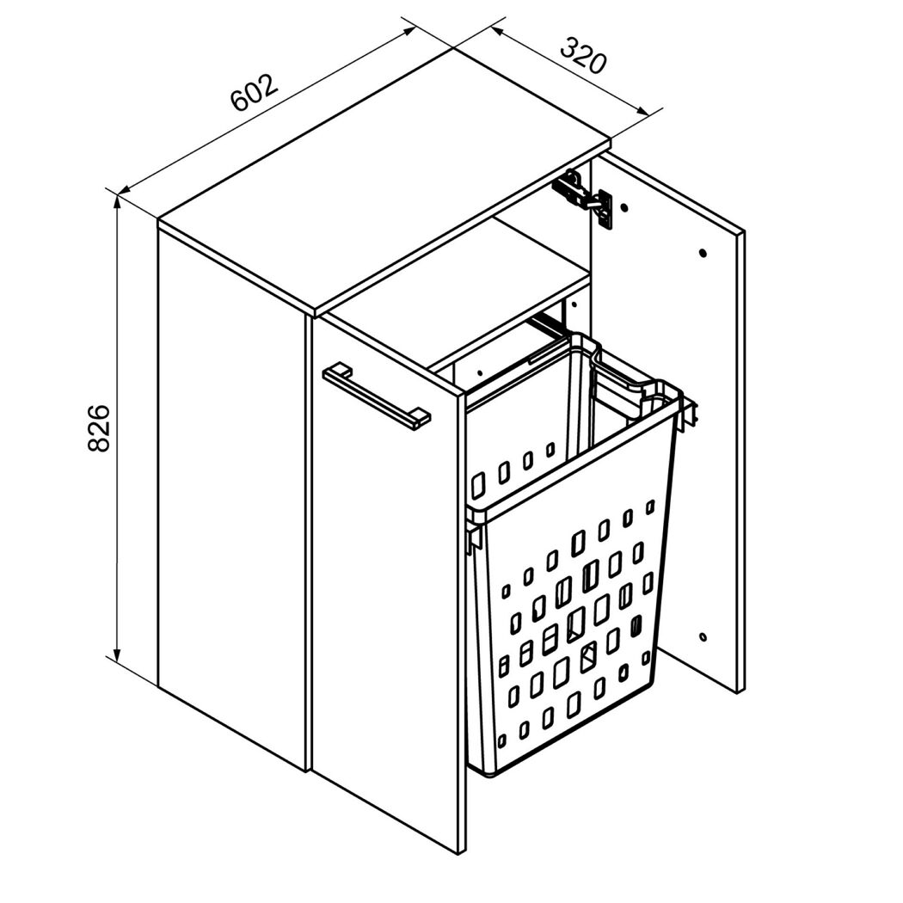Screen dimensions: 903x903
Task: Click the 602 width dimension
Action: point(255,93)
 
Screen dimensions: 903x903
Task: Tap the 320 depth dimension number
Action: point(583,55)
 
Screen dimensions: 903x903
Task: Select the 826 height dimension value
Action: point(99,428)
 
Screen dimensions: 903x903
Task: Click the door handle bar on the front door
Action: point(377,396)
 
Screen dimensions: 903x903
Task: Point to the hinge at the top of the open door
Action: point(583,197)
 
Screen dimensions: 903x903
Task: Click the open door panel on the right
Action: point(668,427)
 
